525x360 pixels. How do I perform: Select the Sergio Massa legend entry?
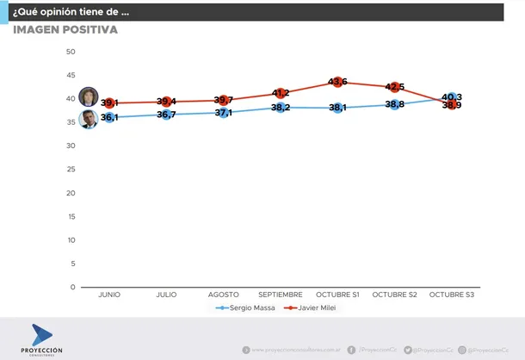(x=249, y=307)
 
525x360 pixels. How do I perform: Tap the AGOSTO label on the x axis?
(x=223, y=295)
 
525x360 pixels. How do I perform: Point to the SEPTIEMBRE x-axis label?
(x=280, y=295)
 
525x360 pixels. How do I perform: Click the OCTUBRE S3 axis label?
(x=451, y=295)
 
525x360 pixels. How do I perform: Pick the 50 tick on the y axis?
(x=71, y=52)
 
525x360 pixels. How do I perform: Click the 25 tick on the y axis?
(x=71, y=170)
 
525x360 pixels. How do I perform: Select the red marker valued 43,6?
(x=337, y=82)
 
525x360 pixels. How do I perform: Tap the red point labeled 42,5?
(x=394, y=87)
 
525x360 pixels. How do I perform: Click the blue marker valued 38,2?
(x=281, y=108)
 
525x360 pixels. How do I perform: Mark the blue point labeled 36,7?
(x=166, y=115)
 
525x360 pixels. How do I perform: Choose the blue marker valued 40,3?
(x=451, y=97)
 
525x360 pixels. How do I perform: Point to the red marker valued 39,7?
(x=223, y=100)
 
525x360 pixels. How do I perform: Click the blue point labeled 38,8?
(x=394, y=104)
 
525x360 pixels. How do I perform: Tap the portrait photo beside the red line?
(x=88, y=96)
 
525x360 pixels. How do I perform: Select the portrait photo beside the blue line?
(x=88, y=120)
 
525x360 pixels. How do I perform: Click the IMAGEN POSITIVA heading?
(x=65, y=30)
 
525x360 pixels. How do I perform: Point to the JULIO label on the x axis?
(x=166, y=295)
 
